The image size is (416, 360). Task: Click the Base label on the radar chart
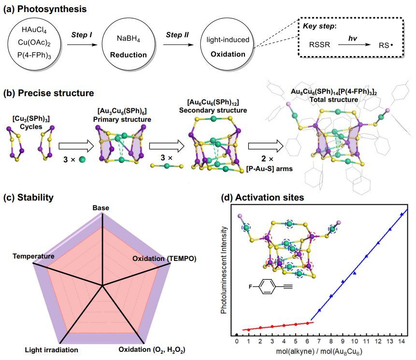[x=101, y=208]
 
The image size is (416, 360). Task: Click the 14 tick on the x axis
[x=402, y=342]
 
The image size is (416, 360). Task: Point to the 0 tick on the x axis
[x=237, y=342]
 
